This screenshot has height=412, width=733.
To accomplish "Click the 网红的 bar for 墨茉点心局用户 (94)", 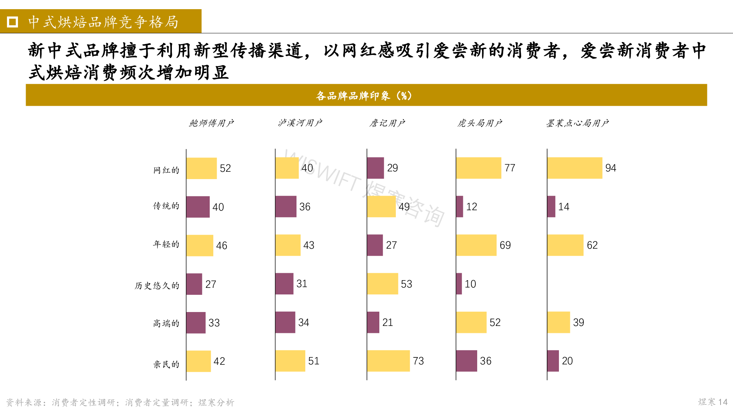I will coord(574,168).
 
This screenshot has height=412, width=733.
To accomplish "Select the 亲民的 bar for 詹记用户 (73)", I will coord(388,361).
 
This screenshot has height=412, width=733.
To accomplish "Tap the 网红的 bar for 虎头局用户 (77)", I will coord(478,168).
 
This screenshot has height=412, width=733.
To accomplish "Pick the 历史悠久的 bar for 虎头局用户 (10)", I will coord(459,284).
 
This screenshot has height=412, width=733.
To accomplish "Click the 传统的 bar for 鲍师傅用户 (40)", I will coord(198,207).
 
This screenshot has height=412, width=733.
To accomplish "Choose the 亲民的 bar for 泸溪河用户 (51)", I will coord(290,361).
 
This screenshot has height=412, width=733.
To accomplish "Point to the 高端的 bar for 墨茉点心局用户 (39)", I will coord(558,322).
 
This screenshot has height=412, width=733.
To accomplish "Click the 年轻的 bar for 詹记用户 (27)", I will coord(375,245).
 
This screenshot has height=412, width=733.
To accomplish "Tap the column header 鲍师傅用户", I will coord(211,123).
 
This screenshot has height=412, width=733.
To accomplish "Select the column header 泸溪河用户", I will coord(300,123).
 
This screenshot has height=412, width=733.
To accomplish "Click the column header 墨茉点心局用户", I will coord(577,123).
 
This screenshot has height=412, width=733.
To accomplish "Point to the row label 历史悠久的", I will coord(157,285).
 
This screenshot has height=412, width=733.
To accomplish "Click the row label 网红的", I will coord(166,170).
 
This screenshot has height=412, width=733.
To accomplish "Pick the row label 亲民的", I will coord(166,364).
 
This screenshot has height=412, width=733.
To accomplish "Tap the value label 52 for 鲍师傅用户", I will coord(225,168).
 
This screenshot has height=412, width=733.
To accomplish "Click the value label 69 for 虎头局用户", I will coord(505,245).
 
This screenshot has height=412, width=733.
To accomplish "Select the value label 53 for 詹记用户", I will coord(406,284).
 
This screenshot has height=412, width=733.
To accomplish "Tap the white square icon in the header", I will coord(12,22).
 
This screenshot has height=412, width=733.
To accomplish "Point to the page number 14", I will coord(723,402).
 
